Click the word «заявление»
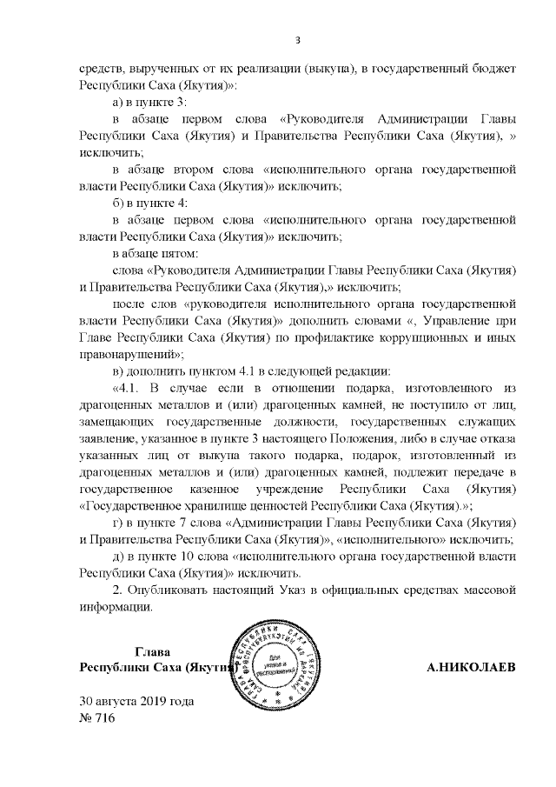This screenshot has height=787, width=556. (110, 438)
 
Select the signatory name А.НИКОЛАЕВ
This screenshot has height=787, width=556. (469, 668)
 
